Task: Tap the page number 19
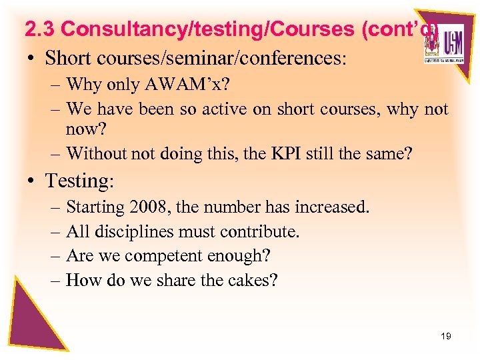(446, 336)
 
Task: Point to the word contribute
(263, 232)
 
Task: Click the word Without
(95, 154)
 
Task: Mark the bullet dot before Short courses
(32, 59)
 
